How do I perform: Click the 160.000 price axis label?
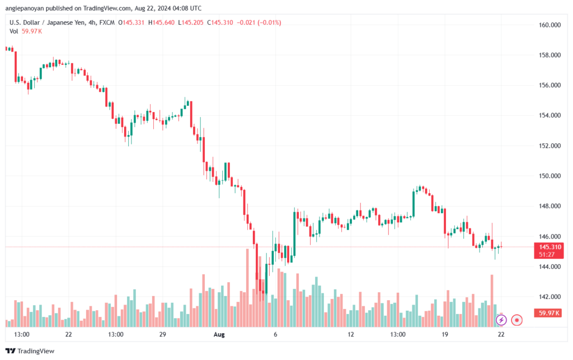549,25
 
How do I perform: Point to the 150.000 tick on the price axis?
549,176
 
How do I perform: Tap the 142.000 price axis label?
549,297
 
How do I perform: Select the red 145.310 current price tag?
548,250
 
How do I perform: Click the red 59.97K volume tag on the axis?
548,313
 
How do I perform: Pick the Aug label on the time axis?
219,334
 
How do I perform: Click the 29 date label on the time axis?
163,334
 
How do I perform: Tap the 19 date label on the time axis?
445,334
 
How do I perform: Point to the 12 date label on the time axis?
351,334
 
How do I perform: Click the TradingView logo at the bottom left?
30,351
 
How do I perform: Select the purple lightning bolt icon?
501,320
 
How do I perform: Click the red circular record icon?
516,320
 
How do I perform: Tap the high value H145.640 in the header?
161,22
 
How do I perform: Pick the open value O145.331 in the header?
131,22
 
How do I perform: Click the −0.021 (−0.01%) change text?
259,22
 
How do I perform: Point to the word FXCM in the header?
107,22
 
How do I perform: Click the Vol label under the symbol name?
13,31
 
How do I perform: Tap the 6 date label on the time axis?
275,334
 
